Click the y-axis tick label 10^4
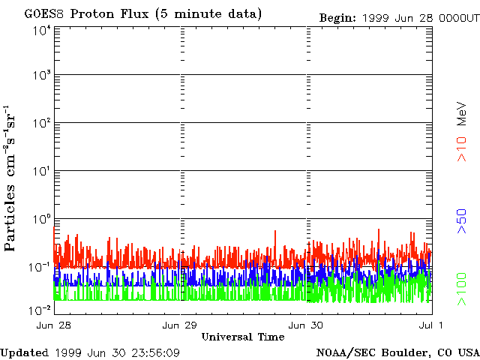tap(42, 30)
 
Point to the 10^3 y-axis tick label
tap(42, 76)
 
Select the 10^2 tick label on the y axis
tap(42, 124)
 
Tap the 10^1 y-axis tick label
tap(42, 172)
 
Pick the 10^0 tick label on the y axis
tap(42, 220)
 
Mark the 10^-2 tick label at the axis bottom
tap(40, 310)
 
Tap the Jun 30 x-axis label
tap(307, 325)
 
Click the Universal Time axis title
tap(243, 337)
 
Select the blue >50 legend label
tap(462, 222)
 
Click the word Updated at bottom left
tap(24, 352)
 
